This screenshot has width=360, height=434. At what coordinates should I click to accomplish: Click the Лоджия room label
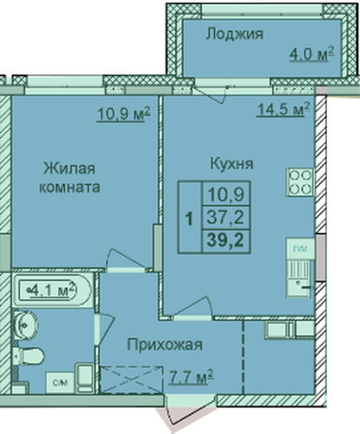[234, 34]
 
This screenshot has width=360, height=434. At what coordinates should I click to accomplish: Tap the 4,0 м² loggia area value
[312, 54]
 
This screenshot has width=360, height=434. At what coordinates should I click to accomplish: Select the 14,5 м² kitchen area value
[284, 109]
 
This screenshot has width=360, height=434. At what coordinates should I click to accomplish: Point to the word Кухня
[232, 164]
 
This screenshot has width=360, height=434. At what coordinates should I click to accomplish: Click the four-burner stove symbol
[300, 182]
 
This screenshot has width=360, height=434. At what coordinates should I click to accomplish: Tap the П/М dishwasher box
[300, 248]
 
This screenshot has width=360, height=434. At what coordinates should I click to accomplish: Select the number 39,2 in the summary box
[226, 240]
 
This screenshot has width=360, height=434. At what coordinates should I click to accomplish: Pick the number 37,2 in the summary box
[226, 217]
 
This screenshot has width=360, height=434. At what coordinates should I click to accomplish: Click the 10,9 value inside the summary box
[226, 194]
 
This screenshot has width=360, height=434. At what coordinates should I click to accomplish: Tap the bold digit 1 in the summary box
[189, 219]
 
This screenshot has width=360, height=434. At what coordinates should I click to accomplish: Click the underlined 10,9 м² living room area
[124, 114]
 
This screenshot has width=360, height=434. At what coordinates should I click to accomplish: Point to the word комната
[69, 187]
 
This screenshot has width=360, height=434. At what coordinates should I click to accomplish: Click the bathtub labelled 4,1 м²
[51, 290]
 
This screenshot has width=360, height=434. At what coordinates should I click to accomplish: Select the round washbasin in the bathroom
[25, 325]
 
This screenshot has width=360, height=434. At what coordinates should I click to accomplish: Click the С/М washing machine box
[60, 382]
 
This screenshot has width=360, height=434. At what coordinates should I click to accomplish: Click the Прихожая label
[165, 345]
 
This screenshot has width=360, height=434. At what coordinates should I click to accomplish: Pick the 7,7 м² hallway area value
[191, 377]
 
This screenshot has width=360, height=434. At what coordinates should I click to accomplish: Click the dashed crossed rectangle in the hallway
[132, 379]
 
